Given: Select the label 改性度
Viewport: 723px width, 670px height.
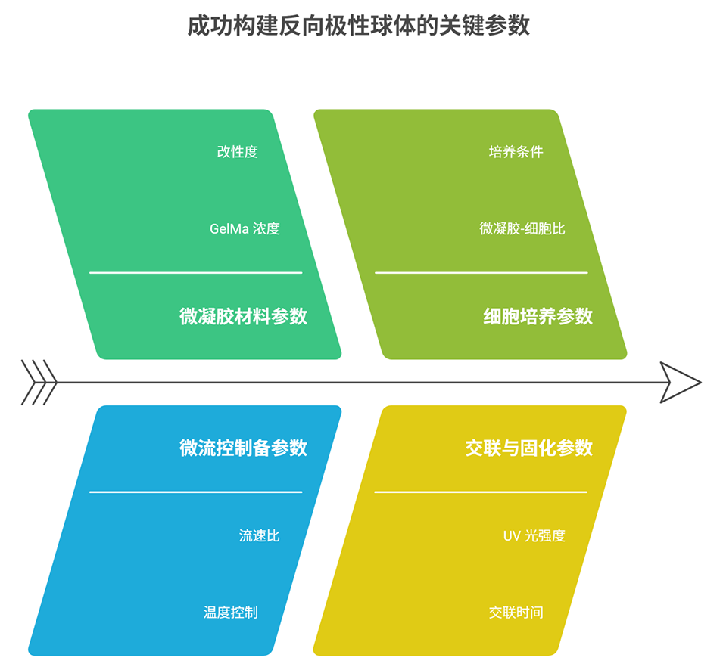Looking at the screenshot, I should (237, 152).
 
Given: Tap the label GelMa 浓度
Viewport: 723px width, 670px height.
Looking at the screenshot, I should (245, 228).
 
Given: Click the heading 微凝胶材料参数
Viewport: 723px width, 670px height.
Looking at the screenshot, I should (243, 316).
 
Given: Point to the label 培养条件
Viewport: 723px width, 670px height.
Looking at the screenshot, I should (516, 152).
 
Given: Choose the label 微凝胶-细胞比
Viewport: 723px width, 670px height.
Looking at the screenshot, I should (522, 228).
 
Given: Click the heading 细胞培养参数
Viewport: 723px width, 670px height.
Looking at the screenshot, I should (538, 316).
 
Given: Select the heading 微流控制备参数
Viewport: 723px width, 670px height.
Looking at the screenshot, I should (243, 448).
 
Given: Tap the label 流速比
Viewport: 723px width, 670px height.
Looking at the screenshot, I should (259, 535).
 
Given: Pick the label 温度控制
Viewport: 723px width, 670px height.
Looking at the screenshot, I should (230, 612).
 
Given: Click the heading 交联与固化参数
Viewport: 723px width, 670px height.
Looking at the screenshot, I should (528, 448).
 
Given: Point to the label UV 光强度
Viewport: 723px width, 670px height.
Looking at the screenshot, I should (534, 535).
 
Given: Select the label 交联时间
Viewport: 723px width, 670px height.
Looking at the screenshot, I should (516, 612).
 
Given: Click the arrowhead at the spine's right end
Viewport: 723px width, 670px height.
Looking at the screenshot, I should (680, 382).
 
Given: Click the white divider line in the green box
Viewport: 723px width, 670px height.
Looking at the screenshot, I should (195, 272).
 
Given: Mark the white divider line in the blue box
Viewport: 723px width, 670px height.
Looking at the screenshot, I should (195, 492).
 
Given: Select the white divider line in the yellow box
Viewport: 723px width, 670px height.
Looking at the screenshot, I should (481, 492).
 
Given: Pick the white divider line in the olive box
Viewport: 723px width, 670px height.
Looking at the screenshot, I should (481, 272).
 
